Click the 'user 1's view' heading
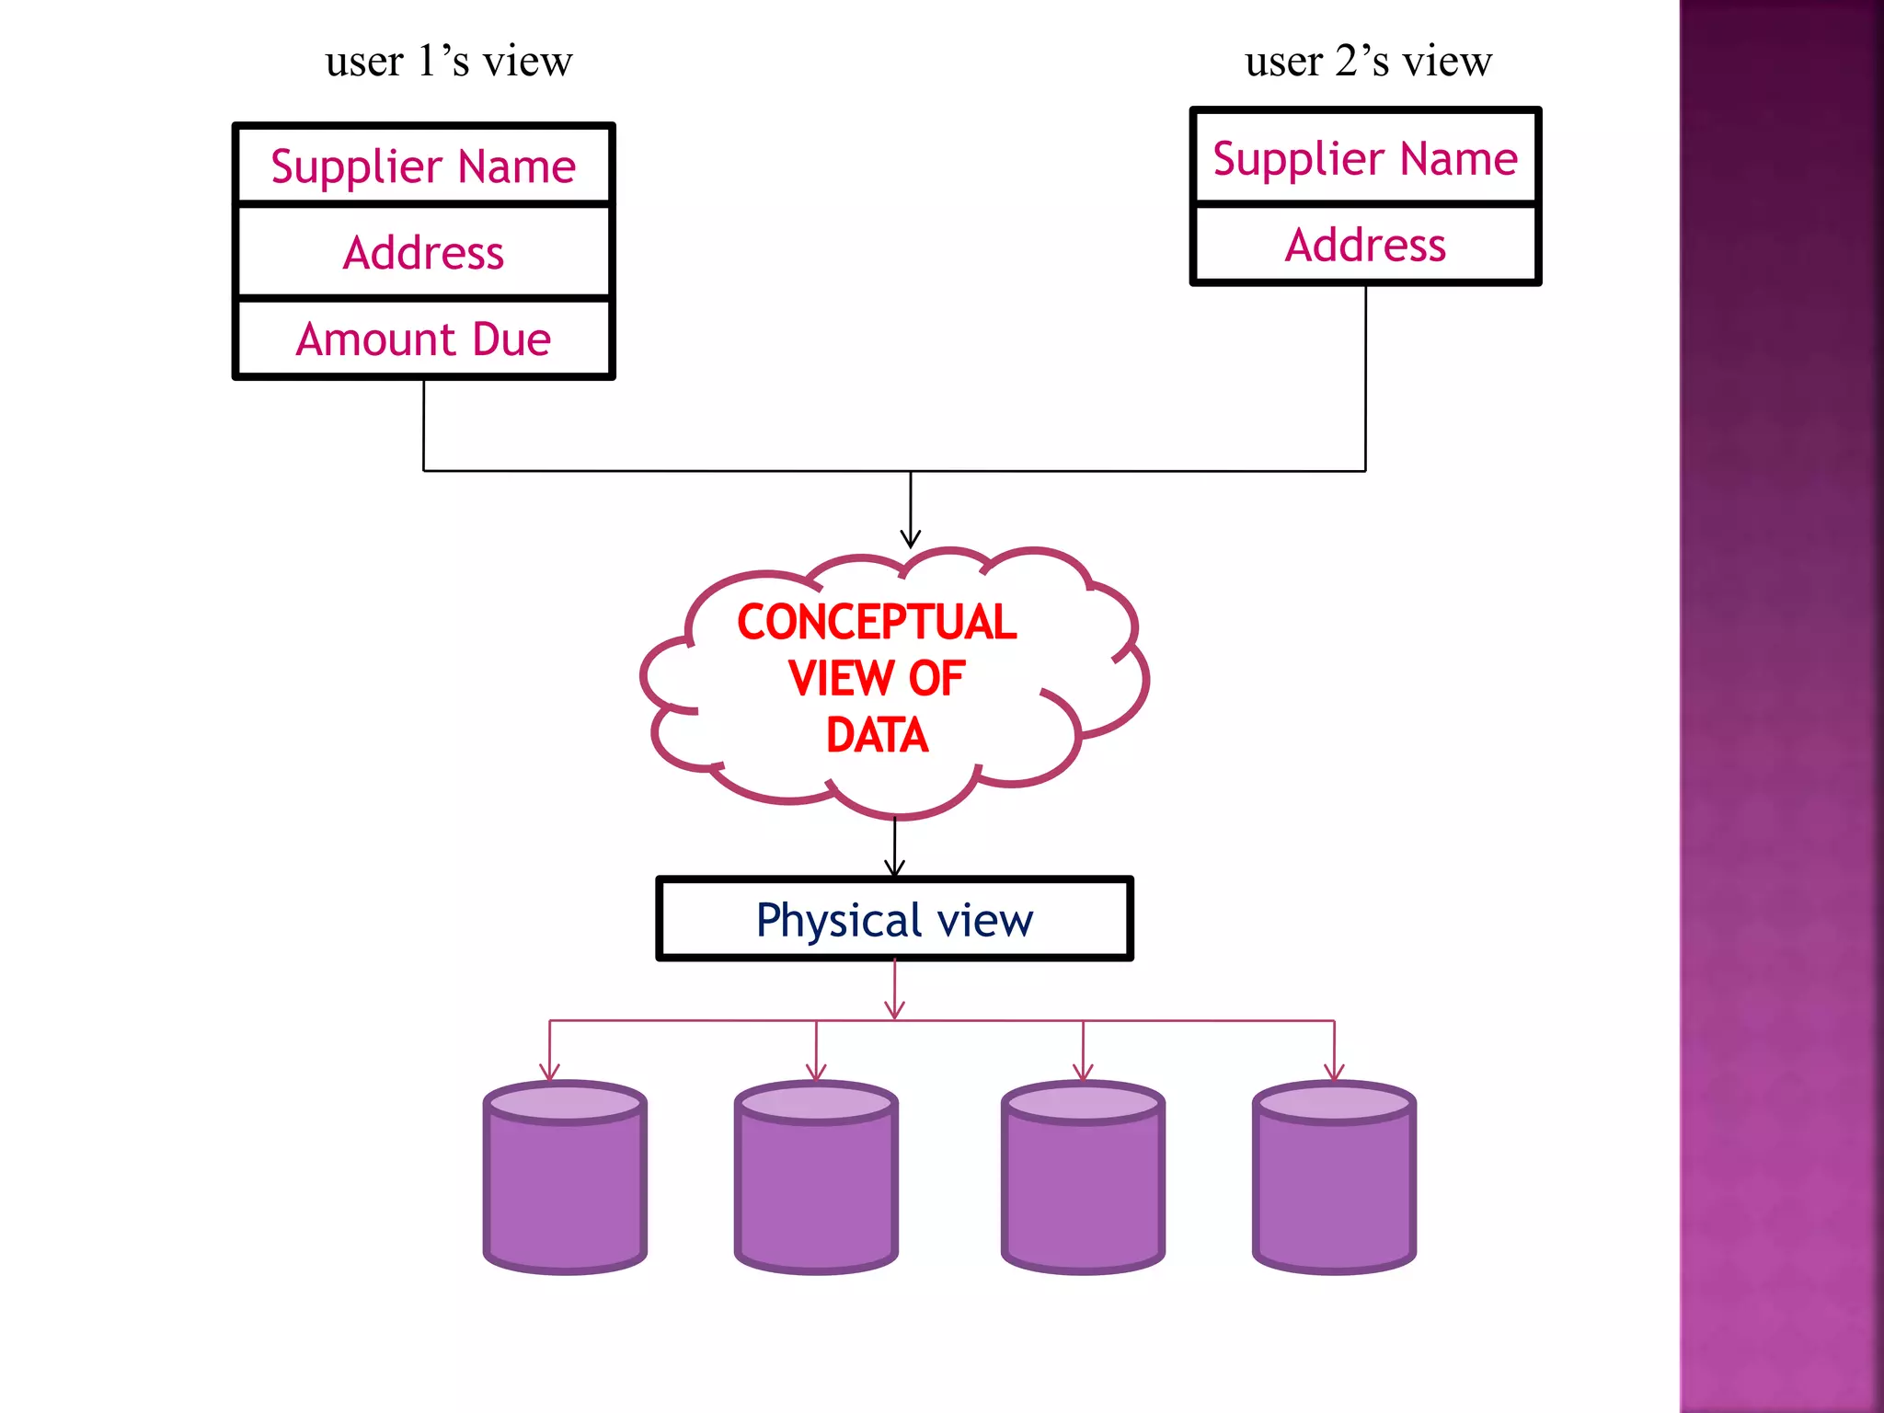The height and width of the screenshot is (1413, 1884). tap(449, 62)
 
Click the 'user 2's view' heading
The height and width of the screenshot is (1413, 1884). tap(1368, 62)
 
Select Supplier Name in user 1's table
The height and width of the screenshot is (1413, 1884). tap(423, 167)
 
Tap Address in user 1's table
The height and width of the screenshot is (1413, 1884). tap(423, 253)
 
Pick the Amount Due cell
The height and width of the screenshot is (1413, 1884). tap(423, 339)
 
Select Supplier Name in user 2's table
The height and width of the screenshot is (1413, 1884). tap(1365, 158)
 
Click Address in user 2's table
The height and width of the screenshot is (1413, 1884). tap(1365, 245)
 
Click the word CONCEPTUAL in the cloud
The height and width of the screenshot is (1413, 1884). tap(877, 622)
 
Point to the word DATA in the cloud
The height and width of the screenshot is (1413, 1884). tap(877, 735)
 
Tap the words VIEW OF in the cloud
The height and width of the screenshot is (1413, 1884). tap(877, 679)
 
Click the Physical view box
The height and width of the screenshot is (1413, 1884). tap(894, 919)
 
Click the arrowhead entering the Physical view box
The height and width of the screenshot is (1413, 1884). tap(895, 868)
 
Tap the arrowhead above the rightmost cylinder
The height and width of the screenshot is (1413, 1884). tap(1334, 1073)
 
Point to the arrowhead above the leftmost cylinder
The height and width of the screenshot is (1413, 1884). tap(550, 1073)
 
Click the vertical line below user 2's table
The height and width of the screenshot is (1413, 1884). tap(1365, 377)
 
